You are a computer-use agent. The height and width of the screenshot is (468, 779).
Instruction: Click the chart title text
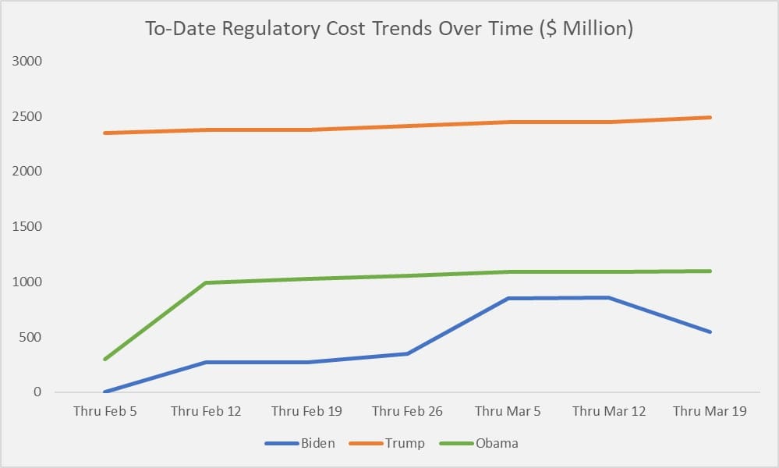tap(389, 29)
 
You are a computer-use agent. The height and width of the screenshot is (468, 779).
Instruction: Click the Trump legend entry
tap(404, 443)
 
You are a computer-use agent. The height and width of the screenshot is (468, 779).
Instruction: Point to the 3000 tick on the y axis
tap(27, 61)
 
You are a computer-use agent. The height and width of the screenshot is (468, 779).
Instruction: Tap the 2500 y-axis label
tap(27, 116)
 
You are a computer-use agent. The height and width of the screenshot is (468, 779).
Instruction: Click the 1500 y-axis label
tap(27, 227)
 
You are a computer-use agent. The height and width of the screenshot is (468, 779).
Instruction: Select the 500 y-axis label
tap(31, 338)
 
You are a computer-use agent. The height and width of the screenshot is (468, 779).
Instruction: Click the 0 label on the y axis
tap(37, 392)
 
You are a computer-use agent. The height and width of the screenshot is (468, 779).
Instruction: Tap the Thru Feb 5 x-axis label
tap(104, 411)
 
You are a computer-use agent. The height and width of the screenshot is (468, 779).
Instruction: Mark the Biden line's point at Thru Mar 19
tap(710, 332)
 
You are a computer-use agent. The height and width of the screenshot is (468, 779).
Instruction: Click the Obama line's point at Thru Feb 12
tap(206, 282)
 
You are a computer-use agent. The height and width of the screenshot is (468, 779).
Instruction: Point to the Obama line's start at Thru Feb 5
tap(104, 360)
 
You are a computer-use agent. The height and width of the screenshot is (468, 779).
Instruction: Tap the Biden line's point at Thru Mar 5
tap(508, 298)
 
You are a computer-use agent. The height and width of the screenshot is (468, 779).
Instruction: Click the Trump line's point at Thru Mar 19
tap(710, 118)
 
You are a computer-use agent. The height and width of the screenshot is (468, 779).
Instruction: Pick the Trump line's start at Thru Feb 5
tap(104, 133)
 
